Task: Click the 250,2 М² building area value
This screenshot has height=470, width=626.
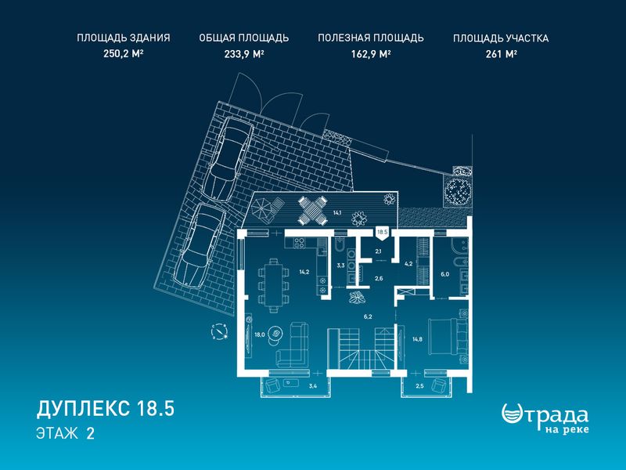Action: [124, 53]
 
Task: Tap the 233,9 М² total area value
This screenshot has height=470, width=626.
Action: [244, 53]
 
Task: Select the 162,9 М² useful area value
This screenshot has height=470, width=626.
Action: [370, 53]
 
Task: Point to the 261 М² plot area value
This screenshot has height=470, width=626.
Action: [501, 53]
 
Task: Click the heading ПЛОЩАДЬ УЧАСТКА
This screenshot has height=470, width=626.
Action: [501, 38]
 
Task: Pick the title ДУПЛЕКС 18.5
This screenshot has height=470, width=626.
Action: [106, 409]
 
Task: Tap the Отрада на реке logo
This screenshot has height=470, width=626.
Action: [545, 418]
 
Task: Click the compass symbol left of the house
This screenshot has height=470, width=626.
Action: [220, 331]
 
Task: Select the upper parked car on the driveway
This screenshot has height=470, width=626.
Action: [231, 159]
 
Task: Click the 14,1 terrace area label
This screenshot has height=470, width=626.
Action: [337, 212]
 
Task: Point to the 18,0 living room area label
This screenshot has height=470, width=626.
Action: [260, 335]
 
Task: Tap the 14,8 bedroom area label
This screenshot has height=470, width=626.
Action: [417, 340]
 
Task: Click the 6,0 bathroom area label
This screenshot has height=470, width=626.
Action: [444, 274]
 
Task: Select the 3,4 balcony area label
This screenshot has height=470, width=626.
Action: [314, 385]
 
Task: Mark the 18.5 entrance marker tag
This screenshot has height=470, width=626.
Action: [383, 233]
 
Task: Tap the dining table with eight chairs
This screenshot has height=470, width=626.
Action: [274, 285]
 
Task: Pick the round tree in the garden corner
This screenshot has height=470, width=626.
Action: [458, 191]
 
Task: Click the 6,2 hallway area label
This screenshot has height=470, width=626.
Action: [368, 316]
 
